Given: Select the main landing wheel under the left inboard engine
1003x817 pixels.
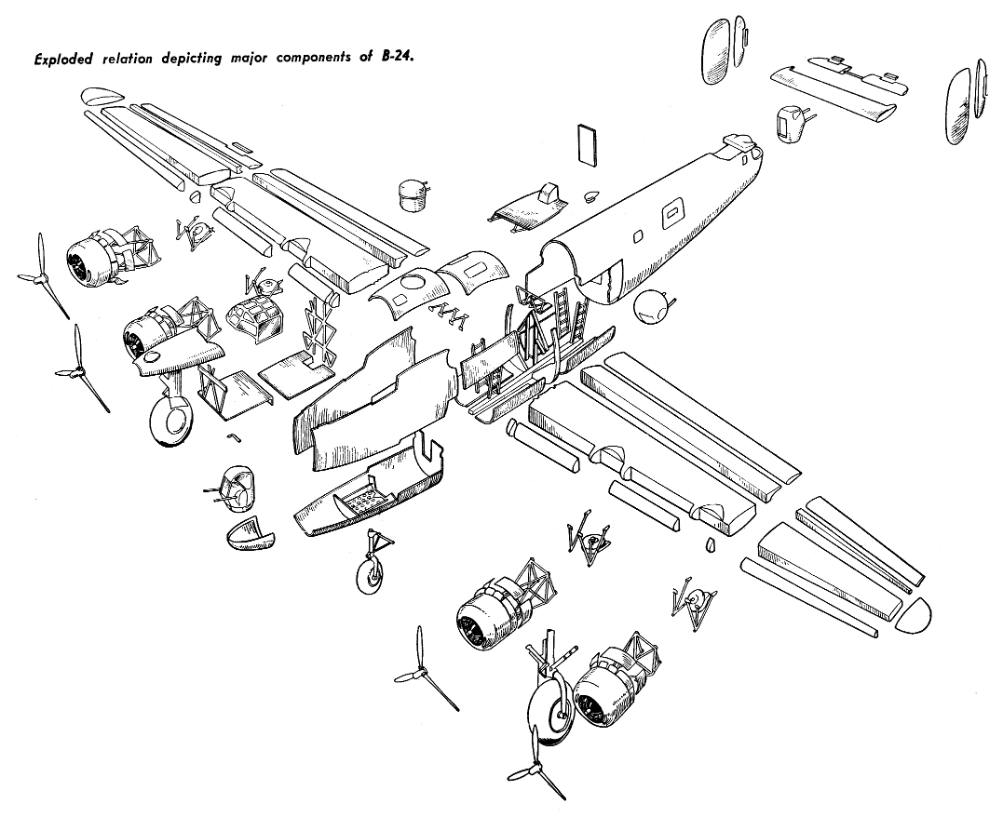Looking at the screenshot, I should coord(171,420).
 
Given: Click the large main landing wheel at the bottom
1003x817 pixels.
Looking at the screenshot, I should coord(548,712).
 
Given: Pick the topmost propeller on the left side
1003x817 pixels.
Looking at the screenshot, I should coord(41,275).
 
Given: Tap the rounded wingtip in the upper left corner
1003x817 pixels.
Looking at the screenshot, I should coord(103,96).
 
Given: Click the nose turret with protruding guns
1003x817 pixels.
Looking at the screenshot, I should coord(236,487).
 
